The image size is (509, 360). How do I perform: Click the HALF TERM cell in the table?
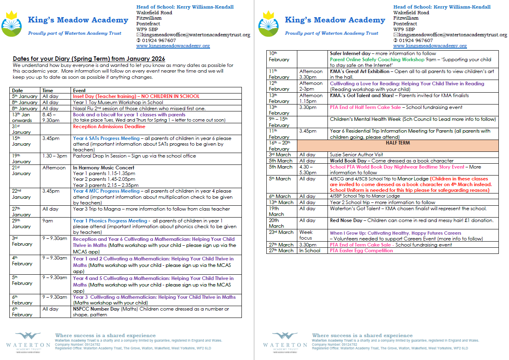[397, 143]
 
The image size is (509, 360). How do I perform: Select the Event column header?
[79, 90]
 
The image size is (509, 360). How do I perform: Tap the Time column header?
[48, 90]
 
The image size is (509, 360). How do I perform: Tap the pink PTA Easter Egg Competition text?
[361, 251]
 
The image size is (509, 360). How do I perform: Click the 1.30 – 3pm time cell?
[55, 156]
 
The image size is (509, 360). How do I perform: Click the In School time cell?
[310, 251]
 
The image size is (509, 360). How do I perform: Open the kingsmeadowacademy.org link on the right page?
[430, 46]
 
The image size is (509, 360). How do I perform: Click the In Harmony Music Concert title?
[104, 168]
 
